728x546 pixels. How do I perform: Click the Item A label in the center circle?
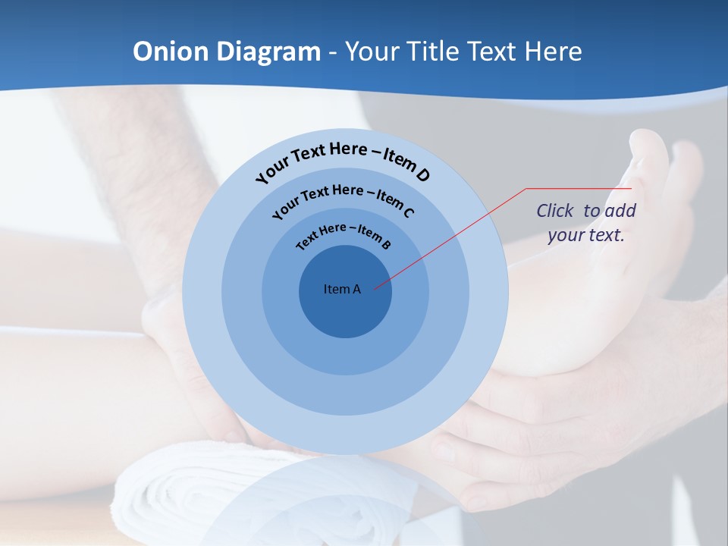coord(342,289)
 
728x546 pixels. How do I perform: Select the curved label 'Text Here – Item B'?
coord(344,236)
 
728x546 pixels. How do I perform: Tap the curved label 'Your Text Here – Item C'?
coord(343,199)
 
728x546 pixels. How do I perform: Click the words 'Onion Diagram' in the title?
coord(227,52)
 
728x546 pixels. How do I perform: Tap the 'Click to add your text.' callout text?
coord(586,222)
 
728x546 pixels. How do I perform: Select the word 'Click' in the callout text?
coord(555,211)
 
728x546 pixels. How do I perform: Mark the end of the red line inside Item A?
coord(375,288)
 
